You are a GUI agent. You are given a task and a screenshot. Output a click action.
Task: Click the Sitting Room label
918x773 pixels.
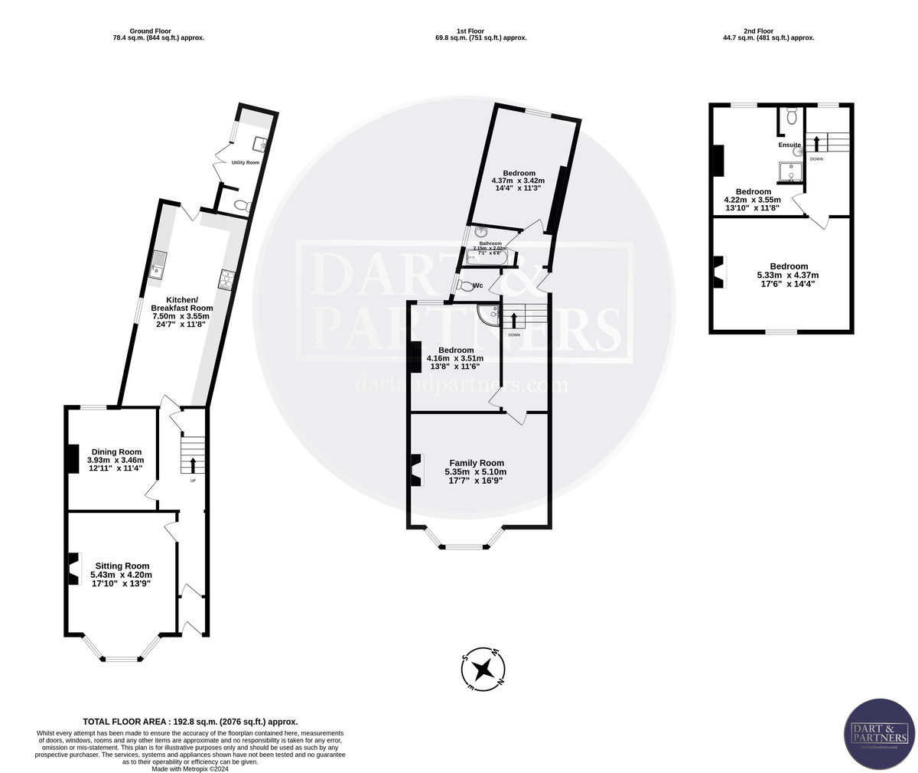point(121,566)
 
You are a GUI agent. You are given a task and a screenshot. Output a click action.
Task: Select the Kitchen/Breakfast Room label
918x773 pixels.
point(182,303)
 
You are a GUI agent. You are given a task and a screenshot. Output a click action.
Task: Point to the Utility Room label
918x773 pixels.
point(246,163)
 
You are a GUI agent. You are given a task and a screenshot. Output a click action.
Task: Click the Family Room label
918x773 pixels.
point(476,462)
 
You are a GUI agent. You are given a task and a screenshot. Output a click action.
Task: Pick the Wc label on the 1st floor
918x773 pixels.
point(477,286)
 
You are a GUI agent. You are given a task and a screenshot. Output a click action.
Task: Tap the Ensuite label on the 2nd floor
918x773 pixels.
point(789,145)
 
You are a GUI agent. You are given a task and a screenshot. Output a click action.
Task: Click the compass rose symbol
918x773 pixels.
point(483,669)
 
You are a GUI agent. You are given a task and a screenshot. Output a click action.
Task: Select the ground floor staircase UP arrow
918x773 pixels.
point(192,465)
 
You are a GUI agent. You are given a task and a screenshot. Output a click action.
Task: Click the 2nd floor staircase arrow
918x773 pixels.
point(816,143)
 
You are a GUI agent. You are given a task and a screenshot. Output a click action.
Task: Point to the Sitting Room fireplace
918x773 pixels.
point(74,569)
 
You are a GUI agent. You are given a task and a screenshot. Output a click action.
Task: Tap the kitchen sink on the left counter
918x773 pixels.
point(158,264)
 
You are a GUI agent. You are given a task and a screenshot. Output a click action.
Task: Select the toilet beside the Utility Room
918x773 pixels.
point(243,205)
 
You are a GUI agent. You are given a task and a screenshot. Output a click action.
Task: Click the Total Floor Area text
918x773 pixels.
point(190,721)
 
